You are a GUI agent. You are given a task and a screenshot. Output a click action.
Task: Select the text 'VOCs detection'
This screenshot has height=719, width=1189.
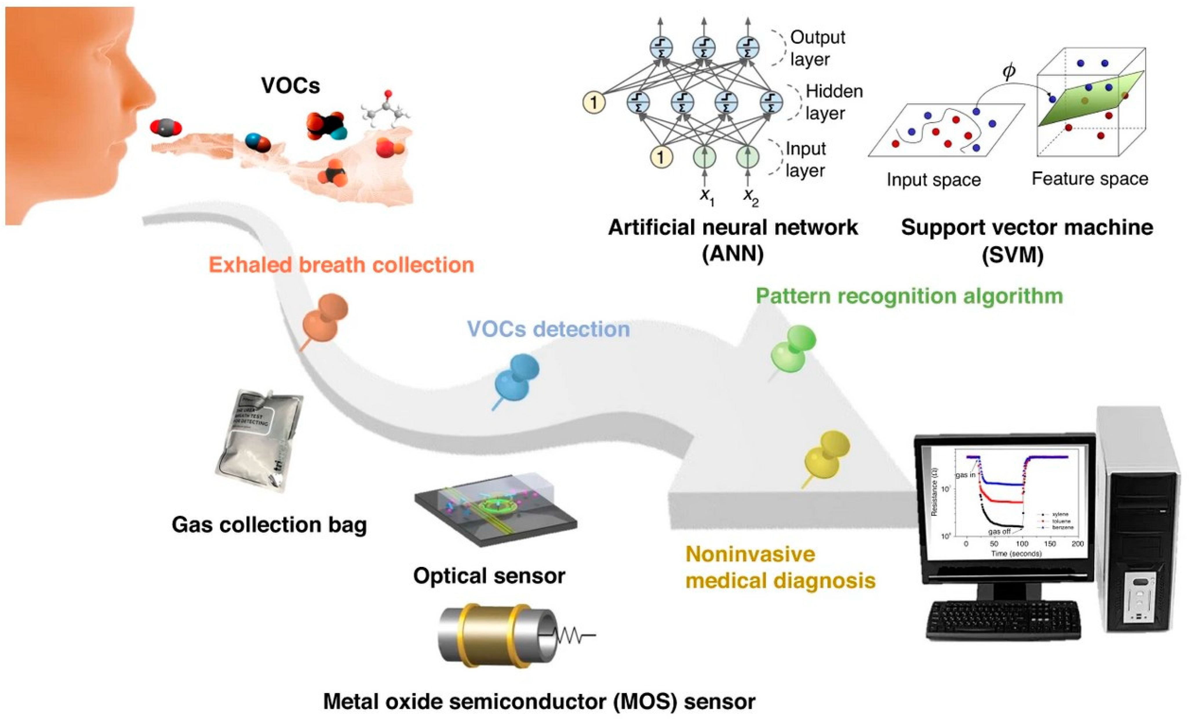click(548, 329)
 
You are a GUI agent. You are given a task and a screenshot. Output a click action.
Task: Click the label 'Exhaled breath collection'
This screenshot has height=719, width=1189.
click(341, 265)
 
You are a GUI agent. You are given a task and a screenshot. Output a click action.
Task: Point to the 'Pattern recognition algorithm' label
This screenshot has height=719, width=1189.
click(909, 296)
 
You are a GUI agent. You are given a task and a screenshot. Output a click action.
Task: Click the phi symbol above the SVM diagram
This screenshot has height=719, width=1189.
click(1008, 71)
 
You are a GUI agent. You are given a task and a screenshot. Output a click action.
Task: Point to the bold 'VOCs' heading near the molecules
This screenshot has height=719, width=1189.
click(290, 85)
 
